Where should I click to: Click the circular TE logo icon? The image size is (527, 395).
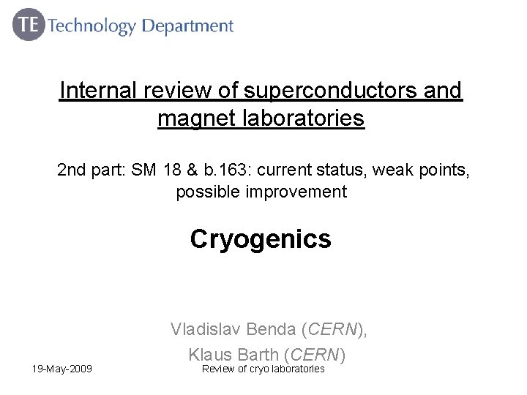[x=29, y=26]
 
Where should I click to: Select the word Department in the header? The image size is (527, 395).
[x=187, y=27]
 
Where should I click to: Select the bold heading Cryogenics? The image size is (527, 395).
[x=261, y=238]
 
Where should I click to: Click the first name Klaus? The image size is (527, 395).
[x=209, y=355]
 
